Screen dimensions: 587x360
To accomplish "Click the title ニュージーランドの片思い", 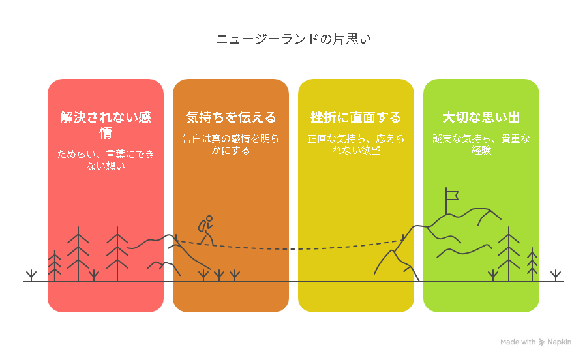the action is tap(293, 39).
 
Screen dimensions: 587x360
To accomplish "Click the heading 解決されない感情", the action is tap(106, 125).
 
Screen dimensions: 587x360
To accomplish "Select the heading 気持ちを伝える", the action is tap(231, 117).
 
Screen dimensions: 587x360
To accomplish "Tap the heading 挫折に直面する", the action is tap(356, 117).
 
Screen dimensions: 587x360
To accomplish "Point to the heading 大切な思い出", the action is tap(481, 117).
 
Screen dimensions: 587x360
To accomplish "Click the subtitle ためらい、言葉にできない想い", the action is tap(106, 160).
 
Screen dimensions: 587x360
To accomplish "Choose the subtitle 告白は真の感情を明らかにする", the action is tap(231, 144).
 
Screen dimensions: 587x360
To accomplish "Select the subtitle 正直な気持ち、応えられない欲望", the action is tap(356, 144).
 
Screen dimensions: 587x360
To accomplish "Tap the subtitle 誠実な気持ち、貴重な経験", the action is tap(481, 144).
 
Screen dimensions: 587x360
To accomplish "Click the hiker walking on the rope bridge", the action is tap(206, 231).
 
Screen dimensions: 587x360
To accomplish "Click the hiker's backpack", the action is tap(202, 226).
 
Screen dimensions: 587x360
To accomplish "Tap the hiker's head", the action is tap(209, 218).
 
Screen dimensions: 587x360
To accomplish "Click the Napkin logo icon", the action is tap(541, 342).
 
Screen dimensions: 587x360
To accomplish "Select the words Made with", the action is tap(518, 342).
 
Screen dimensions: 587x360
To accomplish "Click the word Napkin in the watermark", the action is tap(560, 342).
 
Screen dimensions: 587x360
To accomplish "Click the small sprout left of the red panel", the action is tap(31, 275).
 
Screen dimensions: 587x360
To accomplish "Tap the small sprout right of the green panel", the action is tap(556, 275).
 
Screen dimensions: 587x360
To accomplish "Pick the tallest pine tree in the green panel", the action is tap(509, 254).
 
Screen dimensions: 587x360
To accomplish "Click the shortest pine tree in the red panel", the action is tap(55, 265).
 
